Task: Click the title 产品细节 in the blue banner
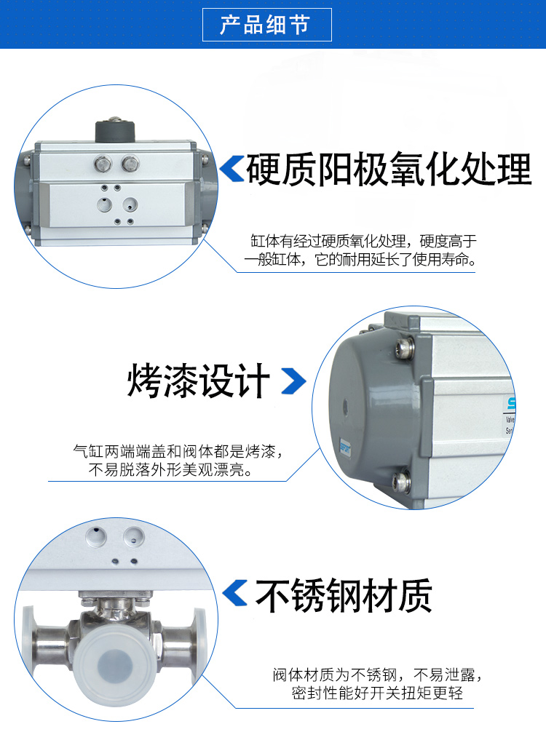pyautogui.click(x=266, y=25)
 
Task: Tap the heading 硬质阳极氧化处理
pyautogui.click(x=389, y=170)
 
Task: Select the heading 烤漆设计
pyautogui.click(x=198, y=381)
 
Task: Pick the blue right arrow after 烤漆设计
pyautogui.click(x=293, y=381)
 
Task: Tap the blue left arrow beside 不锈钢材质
pyautogui.click(x=235, y=593)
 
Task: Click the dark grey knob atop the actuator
pyautogui.click(x=114, y=130)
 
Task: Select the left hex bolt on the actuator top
pyautogui.click(x=103, y=164)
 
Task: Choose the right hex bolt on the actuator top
pyautogui.click(x=130, y=164)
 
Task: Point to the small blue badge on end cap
pyautogui.click(x=344, y=448)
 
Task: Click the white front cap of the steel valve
pyautogui.click(x=116, y=664)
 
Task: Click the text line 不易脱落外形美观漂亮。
pyautogui.click(x=171, y=470)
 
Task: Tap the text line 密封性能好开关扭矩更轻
pyautogui.click(x=377, y=693)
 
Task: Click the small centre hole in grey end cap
pyautogui.click(x=345, y=407)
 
